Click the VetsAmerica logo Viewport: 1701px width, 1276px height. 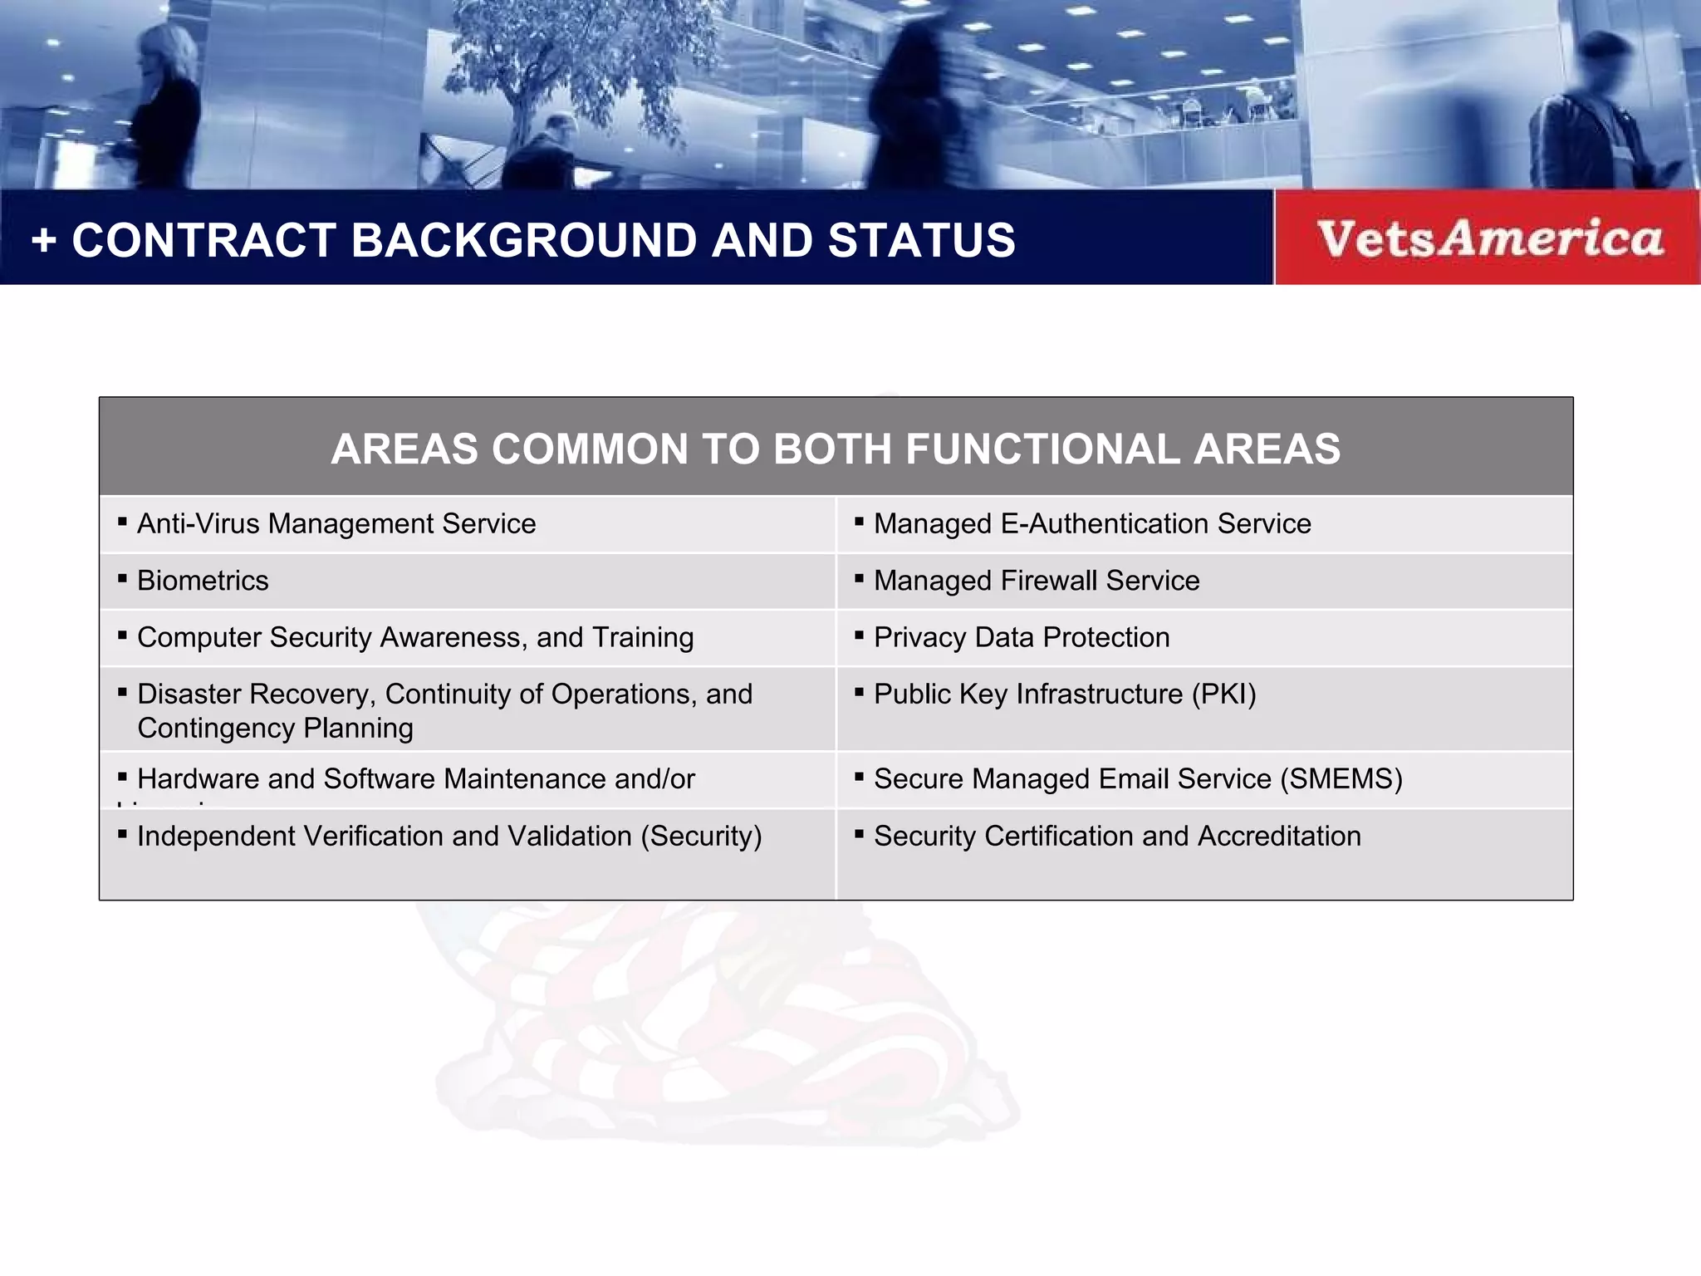(x=1489, y=238)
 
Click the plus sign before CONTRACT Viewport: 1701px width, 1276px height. (x=44, y=242)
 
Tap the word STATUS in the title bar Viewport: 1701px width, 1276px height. (x=921, y=241)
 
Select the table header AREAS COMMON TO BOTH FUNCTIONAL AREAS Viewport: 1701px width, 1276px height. (x=835, y=449)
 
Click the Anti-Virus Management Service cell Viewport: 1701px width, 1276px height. (x=336, y=524)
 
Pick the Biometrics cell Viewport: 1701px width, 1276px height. (x=203, y=581)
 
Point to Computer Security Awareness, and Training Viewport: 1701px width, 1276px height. (x=415, y=637)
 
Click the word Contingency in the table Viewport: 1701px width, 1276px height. (x=216, y=729)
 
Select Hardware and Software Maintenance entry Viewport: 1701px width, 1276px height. (x=415, y=779)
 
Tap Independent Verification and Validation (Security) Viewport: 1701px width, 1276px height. (x=449, y=836)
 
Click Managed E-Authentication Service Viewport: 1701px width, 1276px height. (x=1092, y=524)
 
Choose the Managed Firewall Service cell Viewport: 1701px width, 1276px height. (x=1037, y=581)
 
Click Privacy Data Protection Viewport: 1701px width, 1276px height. (x=1022, y=637)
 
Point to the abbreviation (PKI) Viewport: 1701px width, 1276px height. (x=1223, y=694)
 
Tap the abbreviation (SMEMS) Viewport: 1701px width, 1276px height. (x=1341, y=779)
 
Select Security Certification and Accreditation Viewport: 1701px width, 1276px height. (x=1117, y=836)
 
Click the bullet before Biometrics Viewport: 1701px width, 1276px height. (x=122, y=578)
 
